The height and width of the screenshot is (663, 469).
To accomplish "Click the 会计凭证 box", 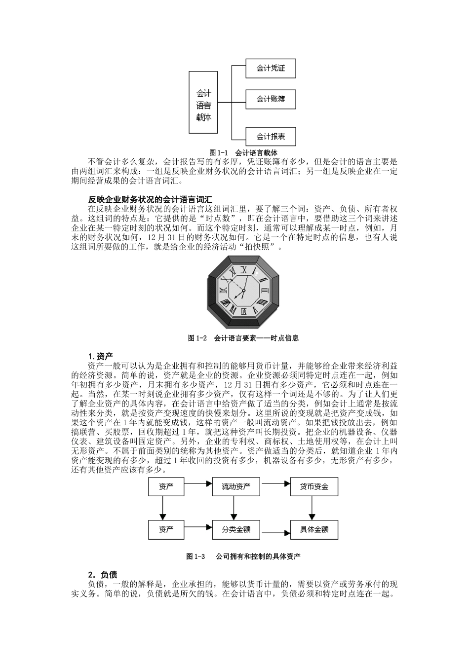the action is click(271, 68).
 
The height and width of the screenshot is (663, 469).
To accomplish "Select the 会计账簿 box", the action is click(271, 99).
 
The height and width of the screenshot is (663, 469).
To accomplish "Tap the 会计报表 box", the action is click(271, 136).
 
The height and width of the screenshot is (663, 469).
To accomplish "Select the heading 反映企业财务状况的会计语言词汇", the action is click(150, 200).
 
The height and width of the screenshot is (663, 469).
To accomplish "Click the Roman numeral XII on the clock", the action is click(243, 270).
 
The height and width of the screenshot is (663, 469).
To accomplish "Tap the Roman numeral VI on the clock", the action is click(243, 311).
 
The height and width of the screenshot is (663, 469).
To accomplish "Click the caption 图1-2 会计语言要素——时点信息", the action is click(243, 338).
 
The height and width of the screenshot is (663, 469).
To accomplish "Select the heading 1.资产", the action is click(101, 356).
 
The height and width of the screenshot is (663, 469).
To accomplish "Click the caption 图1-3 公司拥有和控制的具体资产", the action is click(243, 556).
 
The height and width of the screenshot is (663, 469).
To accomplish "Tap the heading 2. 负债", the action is click(102, 575).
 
